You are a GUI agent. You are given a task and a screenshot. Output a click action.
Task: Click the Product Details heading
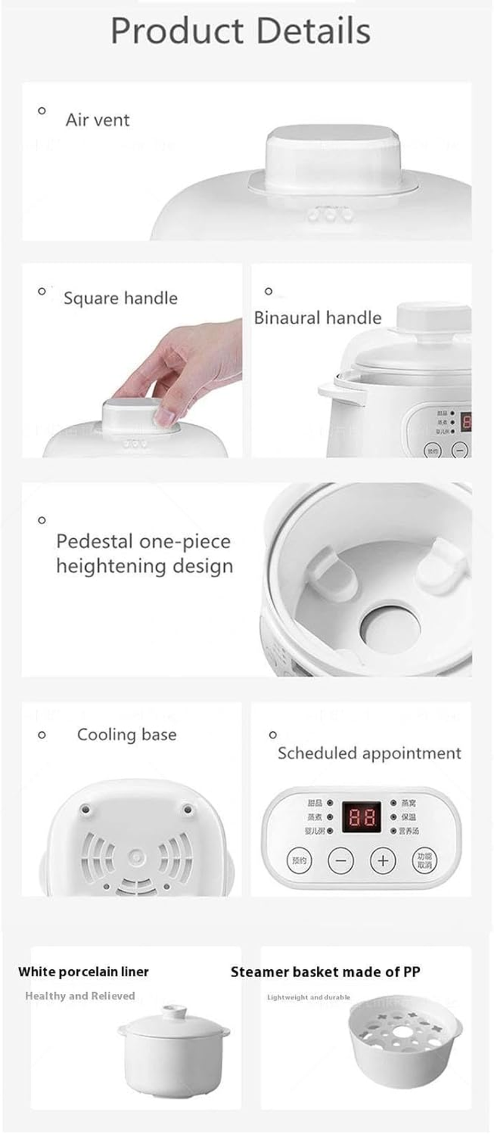point(240,31)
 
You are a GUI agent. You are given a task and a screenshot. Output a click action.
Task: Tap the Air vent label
point(98,120)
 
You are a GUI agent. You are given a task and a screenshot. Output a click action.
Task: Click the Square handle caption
point(120,298)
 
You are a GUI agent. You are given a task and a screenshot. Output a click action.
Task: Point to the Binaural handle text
point(317,318)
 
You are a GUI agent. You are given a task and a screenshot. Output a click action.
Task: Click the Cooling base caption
point(127,735)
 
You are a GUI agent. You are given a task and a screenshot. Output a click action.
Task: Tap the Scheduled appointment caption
point(369,753)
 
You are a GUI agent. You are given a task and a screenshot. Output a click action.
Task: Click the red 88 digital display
point(361,817)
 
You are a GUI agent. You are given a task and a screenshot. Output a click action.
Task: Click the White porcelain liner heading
point(83,972)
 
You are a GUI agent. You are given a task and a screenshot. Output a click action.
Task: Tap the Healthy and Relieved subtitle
point(80,996)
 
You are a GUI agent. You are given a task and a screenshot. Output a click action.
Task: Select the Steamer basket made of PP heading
point(325,972)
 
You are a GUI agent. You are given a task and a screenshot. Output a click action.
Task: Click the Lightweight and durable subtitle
point(308,997)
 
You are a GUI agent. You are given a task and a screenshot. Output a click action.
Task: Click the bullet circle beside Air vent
point(42,111)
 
